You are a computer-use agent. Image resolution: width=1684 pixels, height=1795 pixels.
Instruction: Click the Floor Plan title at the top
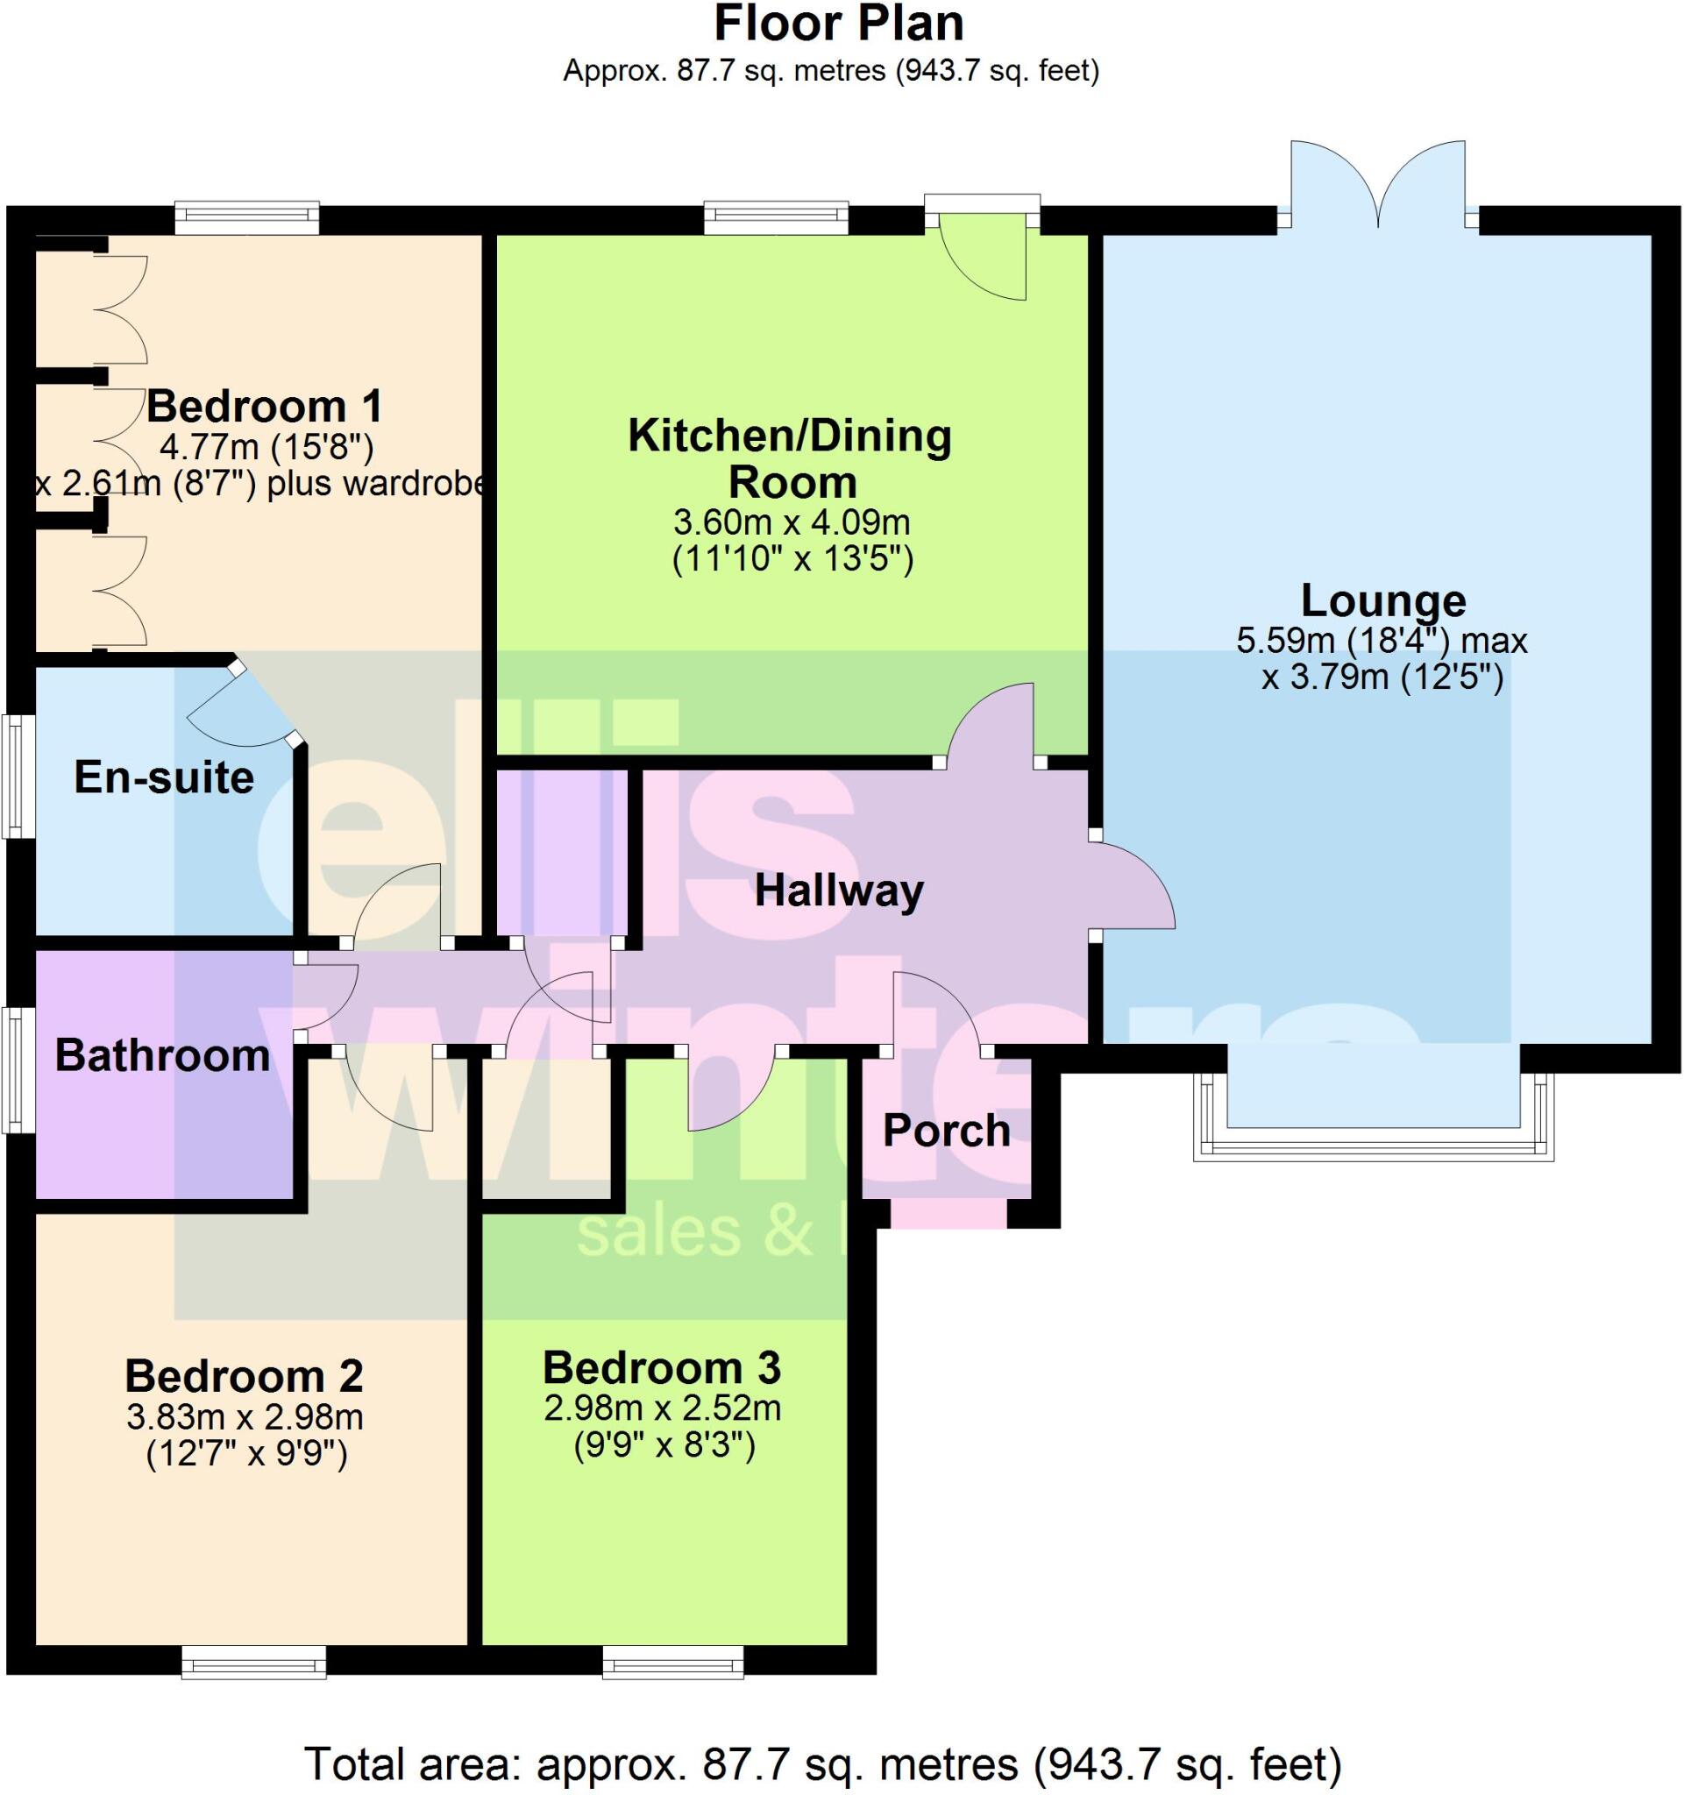[839, 25]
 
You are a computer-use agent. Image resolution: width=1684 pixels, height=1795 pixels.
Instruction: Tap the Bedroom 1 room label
[264, 407]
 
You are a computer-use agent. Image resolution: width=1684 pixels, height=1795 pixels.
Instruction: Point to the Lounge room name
[1382, 600]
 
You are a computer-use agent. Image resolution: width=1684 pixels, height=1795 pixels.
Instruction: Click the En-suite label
[163, 777]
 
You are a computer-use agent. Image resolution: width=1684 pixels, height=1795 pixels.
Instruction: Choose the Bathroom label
[162, 1055]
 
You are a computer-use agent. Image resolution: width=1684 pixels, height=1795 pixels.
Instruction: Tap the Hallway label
[839, 891]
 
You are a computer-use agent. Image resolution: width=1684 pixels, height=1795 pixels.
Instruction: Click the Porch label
[946, 1131]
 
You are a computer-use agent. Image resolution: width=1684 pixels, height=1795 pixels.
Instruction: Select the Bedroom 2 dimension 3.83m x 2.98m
[245, 1416]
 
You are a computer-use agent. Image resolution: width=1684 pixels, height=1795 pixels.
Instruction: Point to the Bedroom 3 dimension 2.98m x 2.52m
[662, 1408]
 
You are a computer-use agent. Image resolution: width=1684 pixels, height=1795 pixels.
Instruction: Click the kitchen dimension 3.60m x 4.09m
[791, 521]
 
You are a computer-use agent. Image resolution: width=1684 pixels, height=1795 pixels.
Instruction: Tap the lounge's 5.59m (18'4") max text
[1382, 641]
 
